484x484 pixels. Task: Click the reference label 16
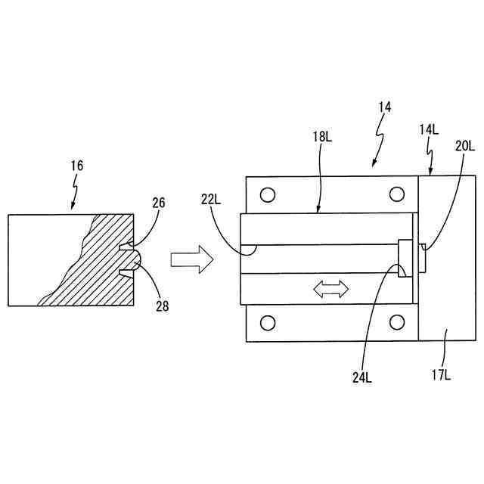[x=78, y=166]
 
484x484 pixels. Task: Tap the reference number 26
[x=158, y=202]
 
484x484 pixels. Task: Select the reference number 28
[x=163, y=306]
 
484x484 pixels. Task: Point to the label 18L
[x=321, y=137]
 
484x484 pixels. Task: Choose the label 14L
[x=429, y=129]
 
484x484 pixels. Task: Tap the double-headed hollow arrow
[x=330, y=289]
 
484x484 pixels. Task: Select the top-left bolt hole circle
[x=266, y=195]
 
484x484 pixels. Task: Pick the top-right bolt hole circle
[x=396, y=195]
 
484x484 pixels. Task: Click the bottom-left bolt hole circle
[x=266, y=324]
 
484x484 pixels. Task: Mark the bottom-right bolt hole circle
[x=396, y=324]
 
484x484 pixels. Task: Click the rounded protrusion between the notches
[x=132, y=259]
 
